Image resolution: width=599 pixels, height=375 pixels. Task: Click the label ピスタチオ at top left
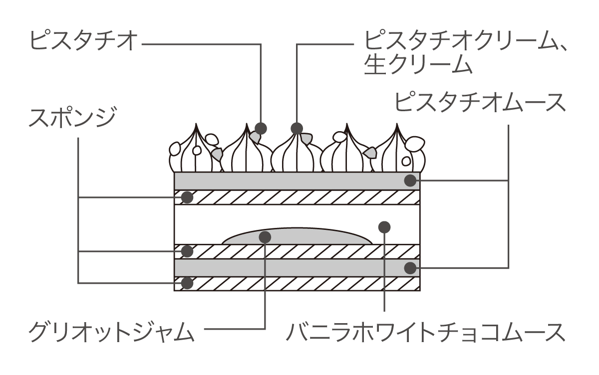tap(83, 41)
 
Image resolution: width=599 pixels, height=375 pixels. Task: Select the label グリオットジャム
tap(111, 331)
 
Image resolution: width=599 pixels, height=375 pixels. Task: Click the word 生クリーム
tap(418, 65)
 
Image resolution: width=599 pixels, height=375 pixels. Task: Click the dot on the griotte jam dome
tap(266, 237)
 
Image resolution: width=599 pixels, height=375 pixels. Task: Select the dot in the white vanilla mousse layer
tap(384, 227)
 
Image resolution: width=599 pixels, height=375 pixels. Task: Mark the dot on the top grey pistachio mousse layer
tap(410, 180)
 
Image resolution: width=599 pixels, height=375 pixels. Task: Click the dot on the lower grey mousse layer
tap(410, 268)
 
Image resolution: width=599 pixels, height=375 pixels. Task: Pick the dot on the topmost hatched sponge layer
tap(187, 197)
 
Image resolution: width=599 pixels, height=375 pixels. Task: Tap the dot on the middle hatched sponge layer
tap(187, 251)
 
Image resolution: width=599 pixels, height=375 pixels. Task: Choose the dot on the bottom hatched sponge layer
tap(187, 283)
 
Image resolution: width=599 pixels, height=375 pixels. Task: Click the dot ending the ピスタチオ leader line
tap(261, 128)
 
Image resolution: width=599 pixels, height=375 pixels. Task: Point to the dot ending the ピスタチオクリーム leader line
tap(297, 128)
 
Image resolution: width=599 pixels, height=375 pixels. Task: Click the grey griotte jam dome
tap(309, 237)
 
